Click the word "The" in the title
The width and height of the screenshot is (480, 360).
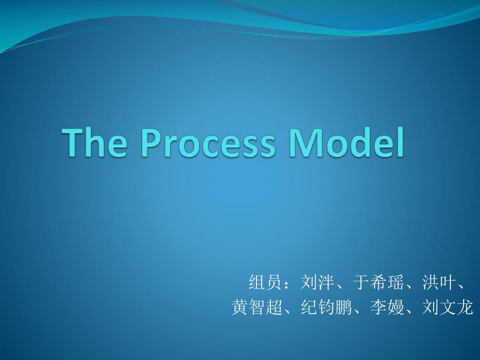94,142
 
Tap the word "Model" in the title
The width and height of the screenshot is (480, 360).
346,142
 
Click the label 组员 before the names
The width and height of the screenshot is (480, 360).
265,282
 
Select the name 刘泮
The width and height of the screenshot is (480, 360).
317,282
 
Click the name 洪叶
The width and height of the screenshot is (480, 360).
439,282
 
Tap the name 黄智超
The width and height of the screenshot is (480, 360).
257,307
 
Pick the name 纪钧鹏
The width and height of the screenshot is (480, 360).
326,307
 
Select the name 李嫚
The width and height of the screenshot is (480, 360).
387,307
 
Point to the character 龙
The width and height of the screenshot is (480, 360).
465,307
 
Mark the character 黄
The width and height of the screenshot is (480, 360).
240,307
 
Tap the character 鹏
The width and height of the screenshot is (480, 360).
344,307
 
